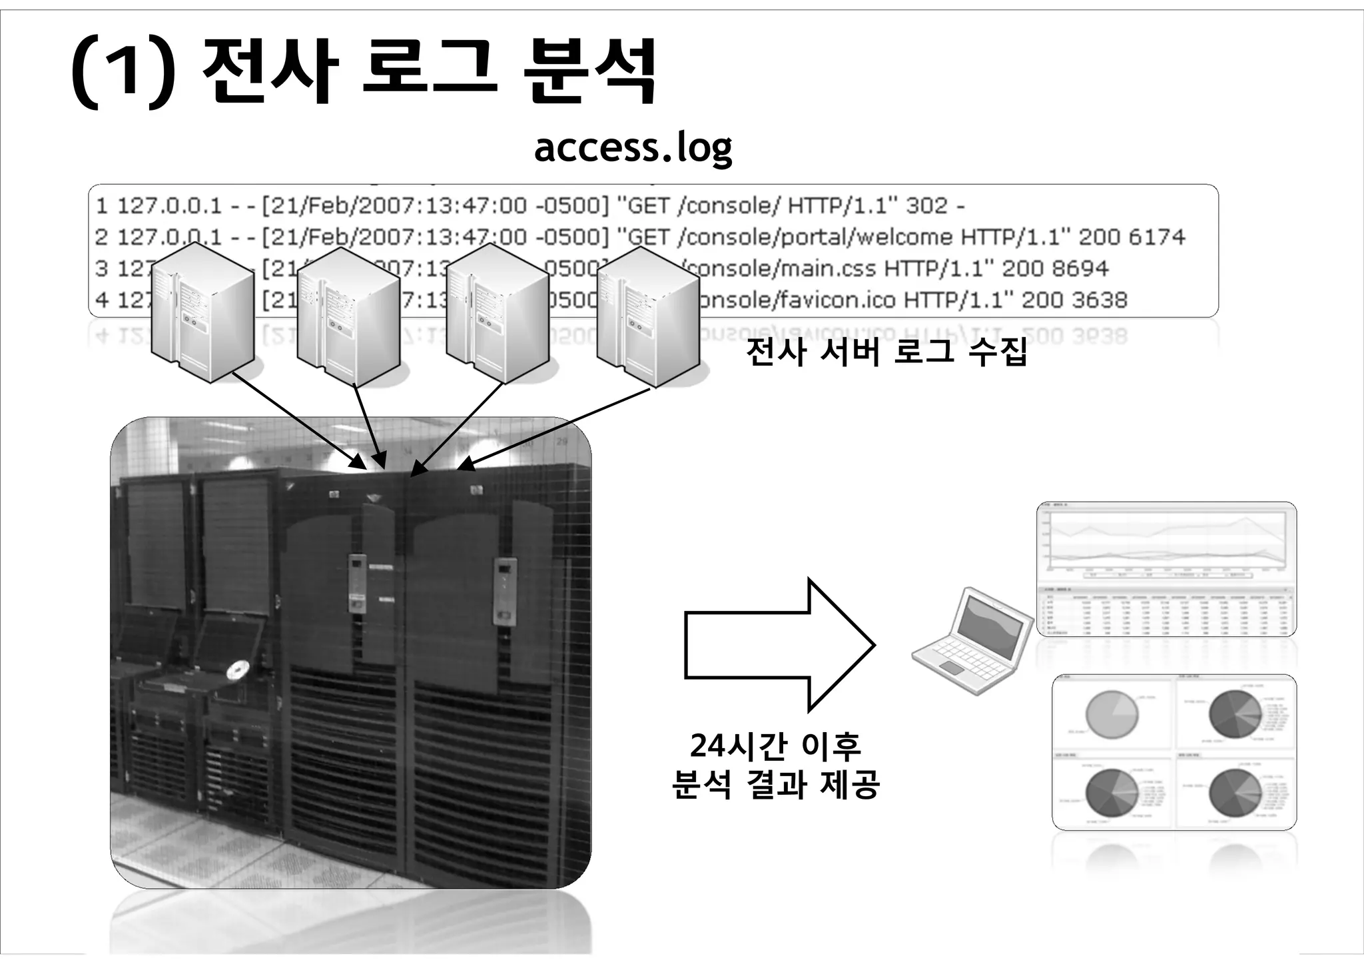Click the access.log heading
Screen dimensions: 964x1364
[x=633, y=147]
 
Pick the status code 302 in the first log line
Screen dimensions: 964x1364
[x=926, y=205]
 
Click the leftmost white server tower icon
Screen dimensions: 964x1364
[x=202, y=312]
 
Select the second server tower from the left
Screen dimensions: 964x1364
[x=348, y=316]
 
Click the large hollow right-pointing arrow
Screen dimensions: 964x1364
[x=779, y=644]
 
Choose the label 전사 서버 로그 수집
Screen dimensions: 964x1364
[x=886, y=351]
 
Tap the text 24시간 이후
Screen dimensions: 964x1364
[x=775, y=745]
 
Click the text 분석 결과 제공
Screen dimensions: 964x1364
[x=775, y=784]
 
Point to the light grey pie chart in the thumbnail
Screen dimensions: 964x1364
[x=1111, y=714]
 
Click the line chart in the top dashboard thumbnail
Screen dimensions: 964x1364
[x=1166, y=543]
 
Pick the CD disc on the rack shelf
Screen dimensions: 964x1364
[x=236, y=671]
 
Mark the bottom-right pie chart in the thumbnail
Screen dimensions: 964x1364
[x=1233, y=792]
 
